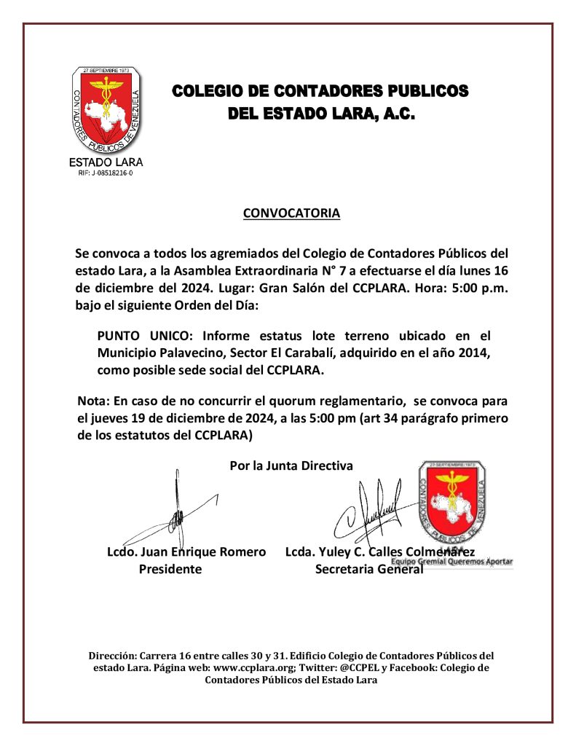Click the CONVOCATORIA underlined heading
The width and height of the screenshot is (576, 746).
[x=291, y=213]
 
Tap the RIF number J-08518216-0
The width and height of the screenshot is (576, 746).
[x=106, y=173]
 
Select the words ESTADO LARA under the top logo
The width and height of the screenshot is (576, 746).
[x=106, y=162]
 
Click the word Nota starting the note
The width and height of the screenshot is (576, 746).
[x=92, y=401]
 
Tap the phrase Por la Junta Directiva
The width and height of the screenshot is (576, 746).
[x=291, y=466]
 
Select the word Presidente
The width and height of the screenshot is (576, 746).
[x=170, y=570]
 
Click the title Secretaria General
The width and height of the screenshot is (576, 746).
[x=368, y=570]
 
